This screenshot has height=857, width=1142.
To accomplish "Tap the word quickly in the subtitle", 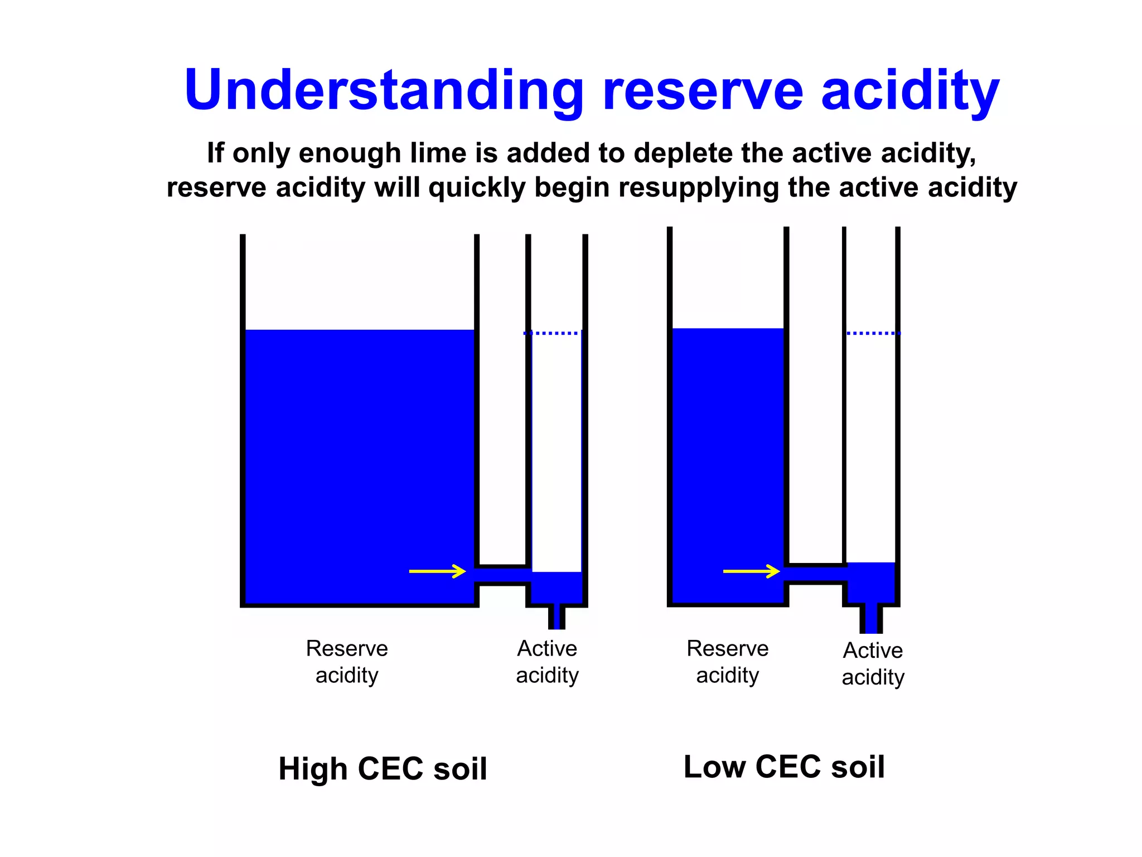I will pos(477,188).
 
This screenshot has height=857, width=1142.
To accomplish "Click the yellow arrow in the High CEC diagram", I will pos(437,571).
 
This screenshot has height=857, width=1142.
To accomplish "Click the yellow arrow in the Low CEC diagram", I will pos(751,571).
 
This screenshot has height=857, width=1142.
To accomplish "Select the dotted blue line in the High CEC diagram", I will pos(552,333).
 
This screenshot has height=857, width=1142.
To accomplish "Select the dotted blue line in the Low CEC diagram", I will pos(873,333).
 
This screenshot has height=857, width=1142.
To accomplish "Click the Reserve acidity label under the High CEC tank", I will pos(347,662).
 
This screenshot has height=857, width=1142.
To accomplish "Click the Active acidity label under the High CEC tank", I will pos(547,662).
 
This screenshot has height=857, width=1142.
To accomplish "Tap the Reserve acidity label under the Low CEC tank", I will pos(727,662).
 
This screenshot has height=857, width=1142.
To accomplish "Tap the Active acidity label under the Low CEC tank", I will pos(873,664).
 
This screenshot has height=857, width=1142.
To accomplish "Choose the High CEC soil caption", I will pos(383,769).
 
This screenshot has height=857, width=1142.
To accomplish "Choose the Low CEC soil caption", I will pos(784,767).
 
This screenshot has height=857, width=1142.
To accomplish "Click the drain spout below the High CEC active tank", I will pos(557,617).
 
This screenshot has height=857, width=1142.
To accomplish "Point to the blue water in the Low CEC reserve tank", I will pos(727,463).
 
